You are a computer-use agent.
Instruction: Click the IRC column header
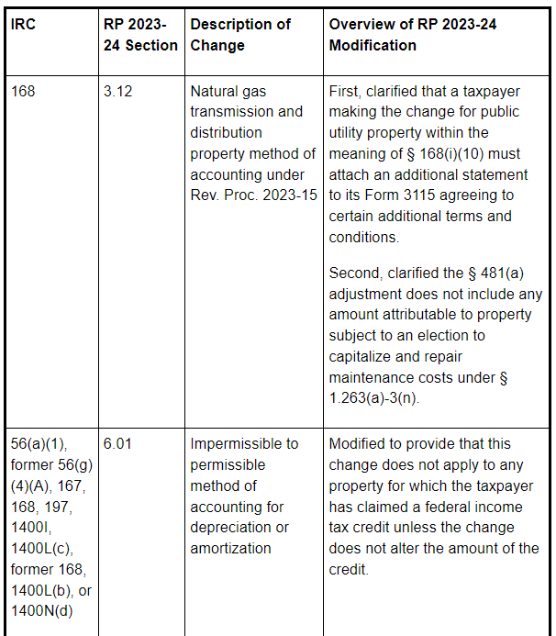[24, 24]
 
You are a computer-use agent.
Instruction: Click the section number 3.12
[117, 92]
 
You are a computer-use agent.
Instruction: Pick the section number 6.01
[117, 443]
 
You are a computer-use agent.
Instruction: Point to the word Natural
[217, 92]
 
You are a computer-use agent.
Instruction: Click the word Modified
[360, 443]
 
